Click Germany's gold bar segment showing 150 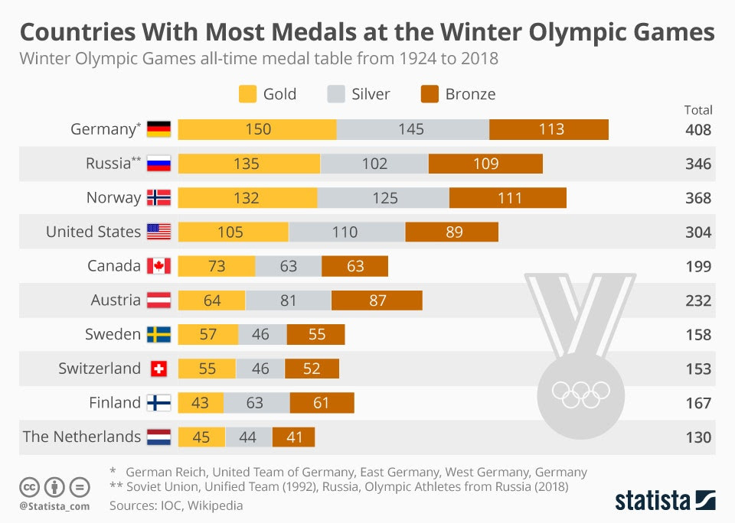coord(257,129)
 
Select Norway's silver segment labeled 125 coord(384,198)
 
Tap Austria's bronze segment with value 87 coord(377,300)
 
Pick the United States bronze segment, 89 coord(452,232)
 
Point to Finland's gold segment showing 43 coord(201,403)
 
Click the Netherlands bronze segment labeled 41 coord(293,437)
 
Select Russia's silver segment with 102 coord(374,164)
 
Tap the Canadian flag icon coord(158,266)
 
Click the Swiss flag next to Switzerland coord(158,369)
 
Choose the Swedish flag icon coord(158,334)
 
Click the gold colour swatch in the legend coord(247,94)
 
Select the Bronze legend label coord(470,94)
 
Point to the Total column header coord(698,110)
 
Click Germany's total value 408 coord(698,129)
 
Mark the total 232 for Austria coord(698,300)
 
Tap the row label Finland coord(115,403)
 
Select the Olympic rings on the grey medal coord(580,394)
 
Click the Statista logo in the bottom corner coord(665,501)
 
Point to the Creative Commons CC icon coord(29,486)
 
